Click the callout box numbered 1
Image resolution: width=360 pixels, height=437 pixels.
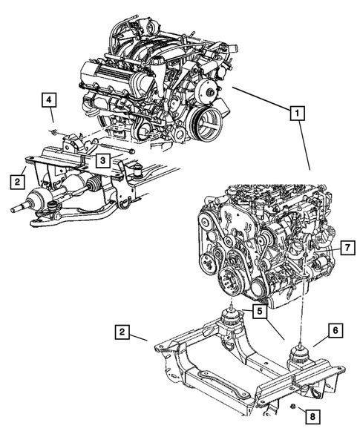pyautogui.click(x=296, y=114)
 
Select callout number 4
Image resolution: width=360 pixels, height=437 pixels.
pyautogui.click(x=48, y=99)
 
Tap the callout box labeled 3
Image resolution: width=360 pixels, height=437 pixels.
pyautogui.click(x=102, y=159)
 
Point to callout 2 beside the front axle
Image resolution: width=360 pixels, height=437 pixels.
pyautogui.click(x=16, y=180)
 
